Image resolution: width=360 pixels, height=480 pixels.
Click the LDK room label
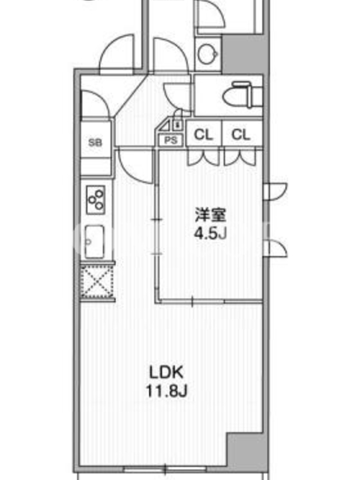tap(166, 372)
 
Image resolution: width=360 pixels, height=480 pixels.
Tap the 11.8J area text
tap(166, 391)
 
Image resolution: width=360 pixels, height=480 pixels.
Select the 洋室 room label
tap(211, 215)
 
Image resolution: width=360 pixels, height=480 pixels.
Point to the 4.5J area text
tap(211, 233)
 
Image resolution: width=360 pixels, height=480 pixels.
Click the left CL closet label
tap(203, 134)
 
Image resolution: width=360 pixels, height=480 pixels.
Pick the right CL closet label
tap(241, 134)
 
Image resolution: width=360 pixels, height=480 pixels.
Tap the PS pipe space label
tap(171, 140)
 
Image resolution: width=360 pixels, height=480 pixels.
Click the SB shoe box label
tap(95, 142)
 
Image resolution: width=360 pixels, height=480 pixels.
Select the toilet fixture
tap(243, 95)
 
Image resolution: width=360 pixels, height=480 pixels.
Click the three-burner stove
tap(96, 199)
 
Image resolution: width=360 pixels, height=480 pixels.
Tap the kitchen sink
tap(94, 242)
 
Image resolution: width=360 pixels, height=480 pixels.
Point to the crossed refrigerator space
tap(97, 281)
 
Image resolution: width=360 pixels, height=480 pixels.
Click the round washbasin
tap(208, 54)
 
